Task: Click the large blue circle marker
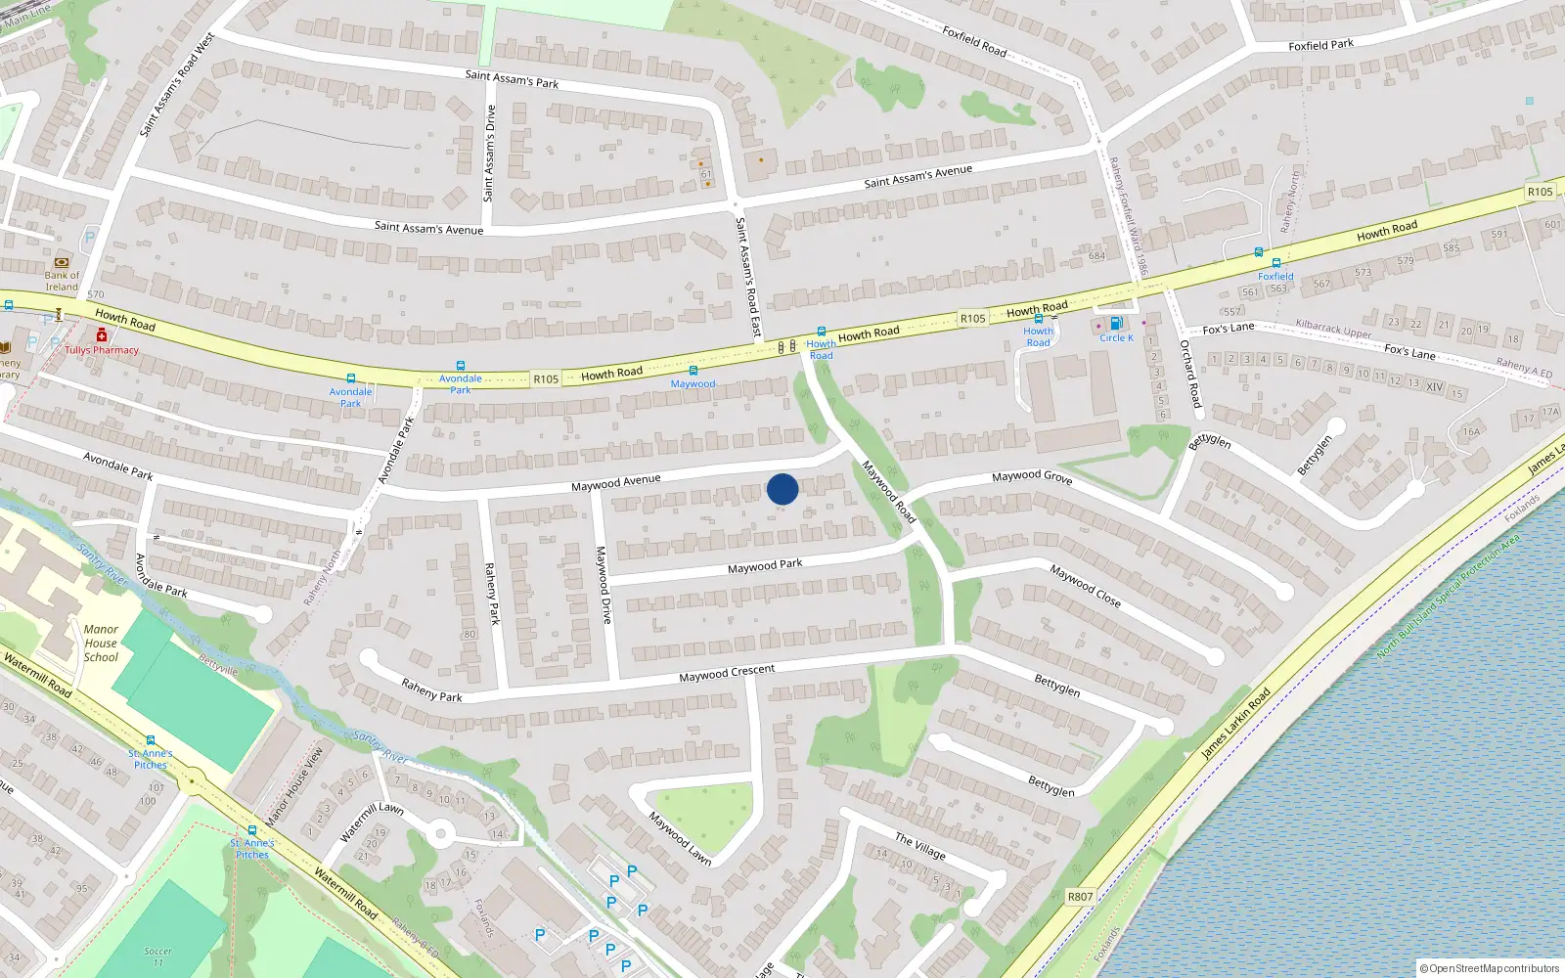point(782,489)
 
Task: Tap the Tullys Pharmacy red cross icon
point(101,335)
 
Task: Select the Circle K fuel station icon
point(1116,324)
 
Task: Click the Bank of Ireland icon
point(62,262)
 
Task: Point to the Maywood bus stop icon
point(693,371)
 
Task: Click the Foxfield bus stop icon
point(1275,263)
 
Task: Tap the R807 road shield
point(1080,897)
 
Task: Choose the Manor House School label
point(101,644)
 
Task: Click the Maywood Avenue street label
point(616,482)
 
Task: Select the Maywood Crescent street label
point(727,674)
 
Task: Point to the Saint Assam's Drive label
point(490,154)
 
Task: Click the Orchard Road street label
point(1190,374)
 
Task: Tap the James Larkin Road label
point(1236,723)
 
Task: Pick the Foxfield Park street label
point(1320,45)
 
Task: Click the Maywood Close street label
point(1086,586)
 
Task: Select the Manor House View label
point(294,784)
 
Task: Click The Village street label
point(920,846)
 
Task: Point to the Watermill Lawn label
point(372,822)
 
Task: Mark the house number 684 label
point(1096,256)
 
